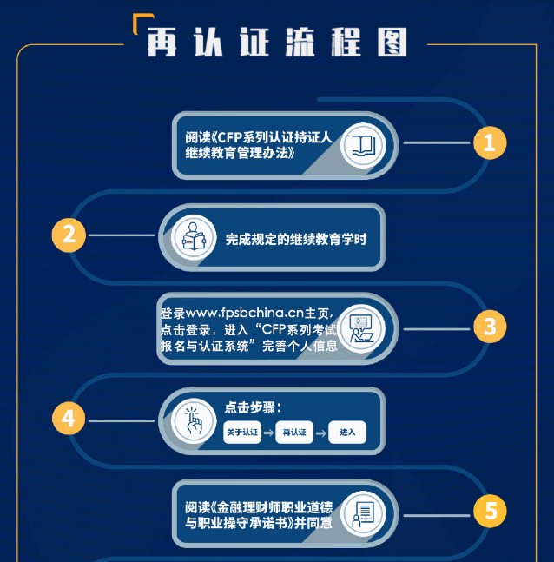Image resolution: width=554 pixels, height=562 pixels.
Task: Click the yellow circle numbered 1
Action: click(x=490, y=142)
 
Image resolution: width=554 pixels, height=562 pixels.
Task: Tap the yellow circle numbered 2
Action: click(x=69, y=235)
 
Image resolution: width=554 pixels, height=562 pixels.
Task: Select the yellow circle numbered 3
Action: click(x=490, y=327)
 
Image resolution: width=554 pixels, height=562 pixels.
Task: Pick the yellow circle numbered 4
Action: click(x=69, y=419)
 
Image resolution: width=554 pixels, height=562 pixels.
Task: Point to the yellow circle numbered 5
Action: click(x=490, y=511)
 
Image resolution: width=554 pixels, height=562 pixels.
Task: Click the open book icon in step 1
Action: click(x=363, y=146)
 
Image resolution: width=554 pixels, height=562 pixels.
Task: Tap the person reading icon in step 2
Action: click(x=194, y=237)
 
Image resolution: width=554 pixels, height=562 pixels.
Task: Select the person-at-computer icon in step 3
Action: click(x=361, y=328)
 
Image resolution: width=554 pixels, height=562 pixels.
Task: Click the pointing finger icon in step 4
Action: click(x=194, y=420)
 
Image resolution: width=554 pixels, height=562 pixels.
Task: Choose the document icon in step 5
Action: click(x=363, y=513)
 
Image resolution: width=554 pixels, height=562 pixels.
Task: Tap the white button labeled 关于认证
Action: click(x=242, y=433)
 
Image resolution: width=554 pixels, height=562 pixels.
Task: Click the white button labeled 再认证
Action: click(x=294, y=433)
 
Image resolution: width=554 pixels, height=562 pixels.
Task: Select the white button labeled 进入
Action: click(x=347, y=433)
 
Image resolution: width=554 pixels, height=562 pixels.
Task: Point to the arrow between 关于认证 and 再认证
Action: click(x=268, y=433)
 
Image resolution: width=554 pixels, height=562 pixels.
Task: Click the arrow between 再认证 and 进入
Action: click(x=320, y=433)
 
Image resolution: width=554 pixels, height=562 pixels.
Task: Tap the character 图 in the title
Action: click(x=392, y=43)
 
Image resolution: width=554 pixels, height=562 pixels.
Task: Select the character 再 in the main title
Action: click(x=162, y=43)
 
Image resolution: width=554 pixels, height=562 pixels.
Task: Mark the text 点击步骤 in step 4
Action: click(x=250, y=407)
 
